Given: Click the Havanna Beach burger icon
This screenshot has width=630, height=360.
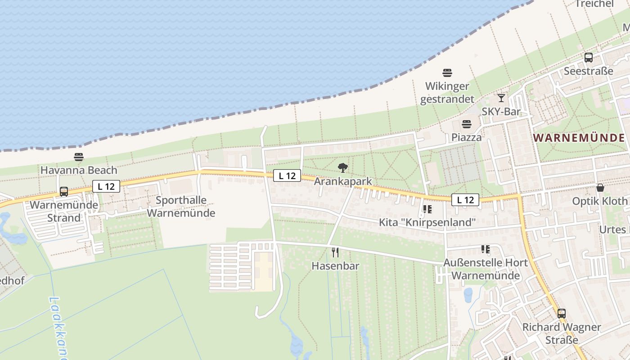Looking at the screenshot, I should tap(79, 157).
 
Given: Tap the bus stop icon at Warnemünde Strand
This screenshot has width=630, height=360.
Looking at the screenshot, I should tap(64, 192).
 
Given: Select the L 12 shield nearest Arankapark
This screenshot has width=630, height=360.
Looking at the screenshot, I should tap(287, 175).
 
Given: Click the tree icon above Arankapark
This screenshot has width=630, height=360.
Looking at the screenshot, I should tap(343, 168).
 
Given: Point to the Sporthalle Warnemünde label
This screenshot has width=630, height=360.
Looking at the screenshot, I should tap(181, 207).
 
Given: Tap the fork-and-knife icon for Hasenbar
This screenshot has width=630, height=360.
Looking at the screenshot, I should tap(335, 252).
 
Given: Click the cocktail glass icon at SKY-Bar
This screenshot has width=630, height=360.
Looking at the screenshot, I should tap(501, 98).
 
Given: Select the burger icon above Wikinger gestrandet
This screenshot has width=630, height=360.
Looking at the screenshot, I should tap(447, 72).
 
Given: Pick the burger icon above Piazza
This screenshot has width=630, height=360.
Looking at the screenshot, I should tap(467, 124).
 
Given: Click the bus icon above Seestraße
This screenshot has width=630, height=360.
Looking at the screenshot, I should tap(589, 58).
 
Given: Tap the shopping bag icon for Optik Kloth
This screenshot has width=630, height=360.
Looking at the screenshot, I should tap(600, 188).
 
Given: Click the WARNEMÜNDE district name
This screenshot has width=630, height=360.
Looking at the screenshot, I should tap(579, 138).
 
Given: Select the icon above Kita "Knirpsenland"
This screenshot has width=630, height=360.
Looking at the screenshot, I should tap(427, 209).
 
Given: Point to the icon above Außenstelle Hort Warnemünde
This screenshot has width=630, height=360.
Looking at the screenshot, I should tap(485, 249).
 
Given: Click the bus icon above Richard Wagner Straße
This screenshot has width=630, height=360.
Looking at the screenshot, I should tap(562, 313).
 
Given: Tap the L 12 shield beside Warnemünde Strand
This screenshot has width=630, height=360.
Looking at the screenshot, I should tap(107, 186).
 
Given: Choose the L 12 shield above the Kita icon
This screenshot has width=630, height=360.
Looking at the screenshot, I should tap(465, 200).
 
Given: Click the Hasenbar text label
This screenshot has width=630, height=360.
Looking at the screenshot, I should tap(336, 266).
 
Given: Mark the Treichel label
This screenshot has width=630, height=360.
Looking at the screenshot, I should tap(594, 4).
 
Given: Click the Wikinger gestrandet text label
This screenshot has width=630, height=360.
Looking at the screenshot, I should tap(447, 93).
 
